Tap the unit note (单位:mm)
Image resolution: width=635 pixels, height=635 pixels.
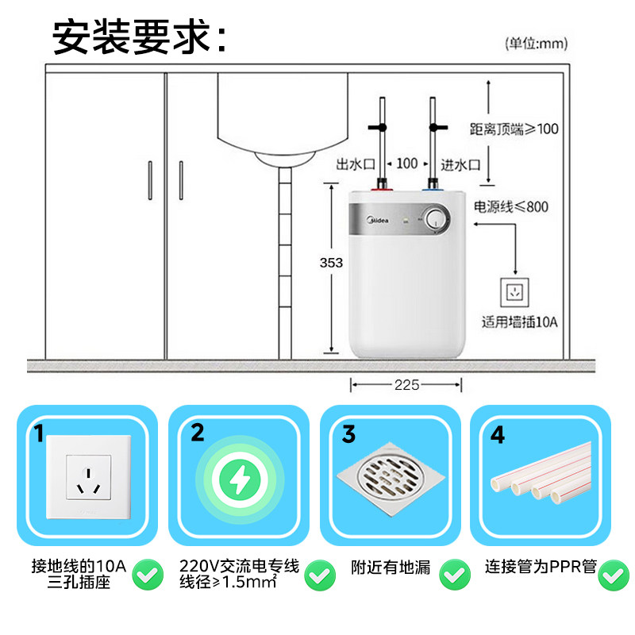click(537, 44)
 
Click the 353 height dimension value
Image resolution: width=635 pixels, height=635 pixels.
click(331, 263)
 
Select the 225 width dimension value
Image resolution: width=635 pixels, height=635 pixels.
click(406, 385)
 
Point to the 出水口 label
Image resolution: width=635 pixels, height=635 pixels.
click(355, 164)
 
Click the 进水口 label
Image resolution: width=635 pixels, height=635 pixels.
click(461, 164)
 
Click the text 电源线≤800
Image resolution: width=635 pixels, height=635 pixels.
click(511, 206)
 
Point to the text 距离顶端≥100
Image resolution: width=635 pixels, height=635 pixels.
click(514, 129)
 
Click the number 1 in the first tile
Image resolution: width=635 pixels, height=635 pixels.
click(38, 433)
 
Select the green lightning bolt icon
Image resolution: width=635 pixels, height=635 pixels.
click(237, 477)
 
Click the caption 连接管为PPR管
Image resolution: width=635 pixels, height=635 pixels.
click(540, 568)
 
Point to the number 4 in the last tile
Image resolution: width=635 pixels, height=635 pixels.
click(498, 434)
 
